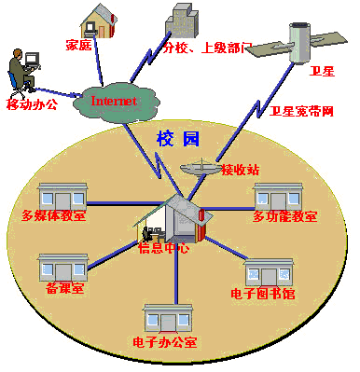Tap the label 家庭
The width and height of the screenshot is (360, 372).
78,44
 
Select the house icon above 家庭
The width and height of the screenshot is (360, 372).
100,19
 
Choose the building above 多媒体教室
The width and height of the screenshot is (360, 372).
60,197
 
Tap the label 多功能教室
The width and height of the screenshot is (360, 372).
284,217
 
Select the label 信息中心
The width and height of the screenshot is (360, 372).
164,248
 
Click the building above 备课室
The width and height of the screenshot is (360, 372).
63,269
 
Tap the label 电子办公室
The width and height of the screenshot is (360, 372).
165,342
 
